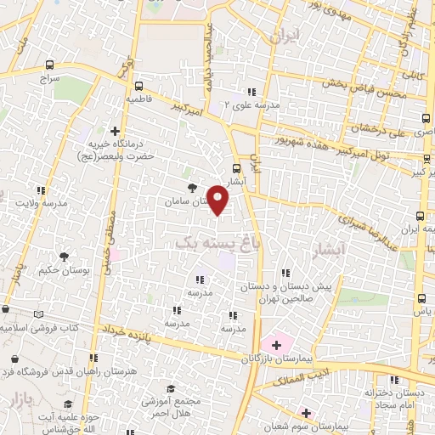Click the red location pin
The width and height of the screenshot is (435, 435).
[218, 199]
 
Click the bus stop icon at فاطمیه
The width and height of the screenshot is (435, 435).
[138, 85]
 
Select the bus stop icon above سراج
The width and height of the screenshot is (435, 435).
[49, 65]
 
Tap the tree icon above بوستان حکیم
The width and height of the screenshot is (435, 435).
[65, 256]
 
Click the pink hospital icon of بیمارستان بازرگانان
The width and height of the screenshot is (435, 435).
[276, 344]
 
